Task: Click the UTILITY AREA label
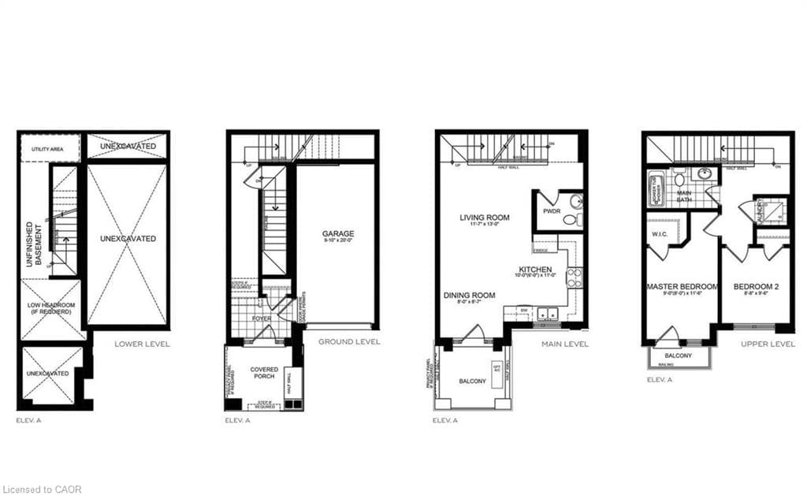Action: [x=47, y=149]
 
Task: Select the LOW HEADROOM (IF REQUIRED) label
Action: [x=50, y=307]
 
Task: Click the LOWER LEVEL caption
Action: [x=142, y=344]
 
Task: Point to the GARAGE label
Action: [x=337, y=233]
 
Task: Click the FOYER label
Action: [x=261, y=318]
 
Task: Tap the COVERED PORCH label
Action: [x=264, y=374]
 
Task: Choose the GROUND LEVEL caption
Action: [x=349, y=342]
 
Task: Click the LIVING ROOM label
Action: [x=485, y=218]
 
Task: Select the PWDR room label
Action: [x=552, y=212]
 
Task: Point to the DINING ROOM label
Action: [x=469, y=296]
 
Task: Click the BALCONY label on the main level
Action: [x=474, y=382]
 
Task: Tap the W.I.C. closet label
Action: [x=660, y=235]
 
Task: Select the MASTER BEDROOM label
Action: [x=682, y=287]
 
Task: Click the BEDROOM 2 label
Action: [x=756, y=287]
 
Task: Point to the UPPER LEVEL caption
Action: [x=768, y=344]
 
